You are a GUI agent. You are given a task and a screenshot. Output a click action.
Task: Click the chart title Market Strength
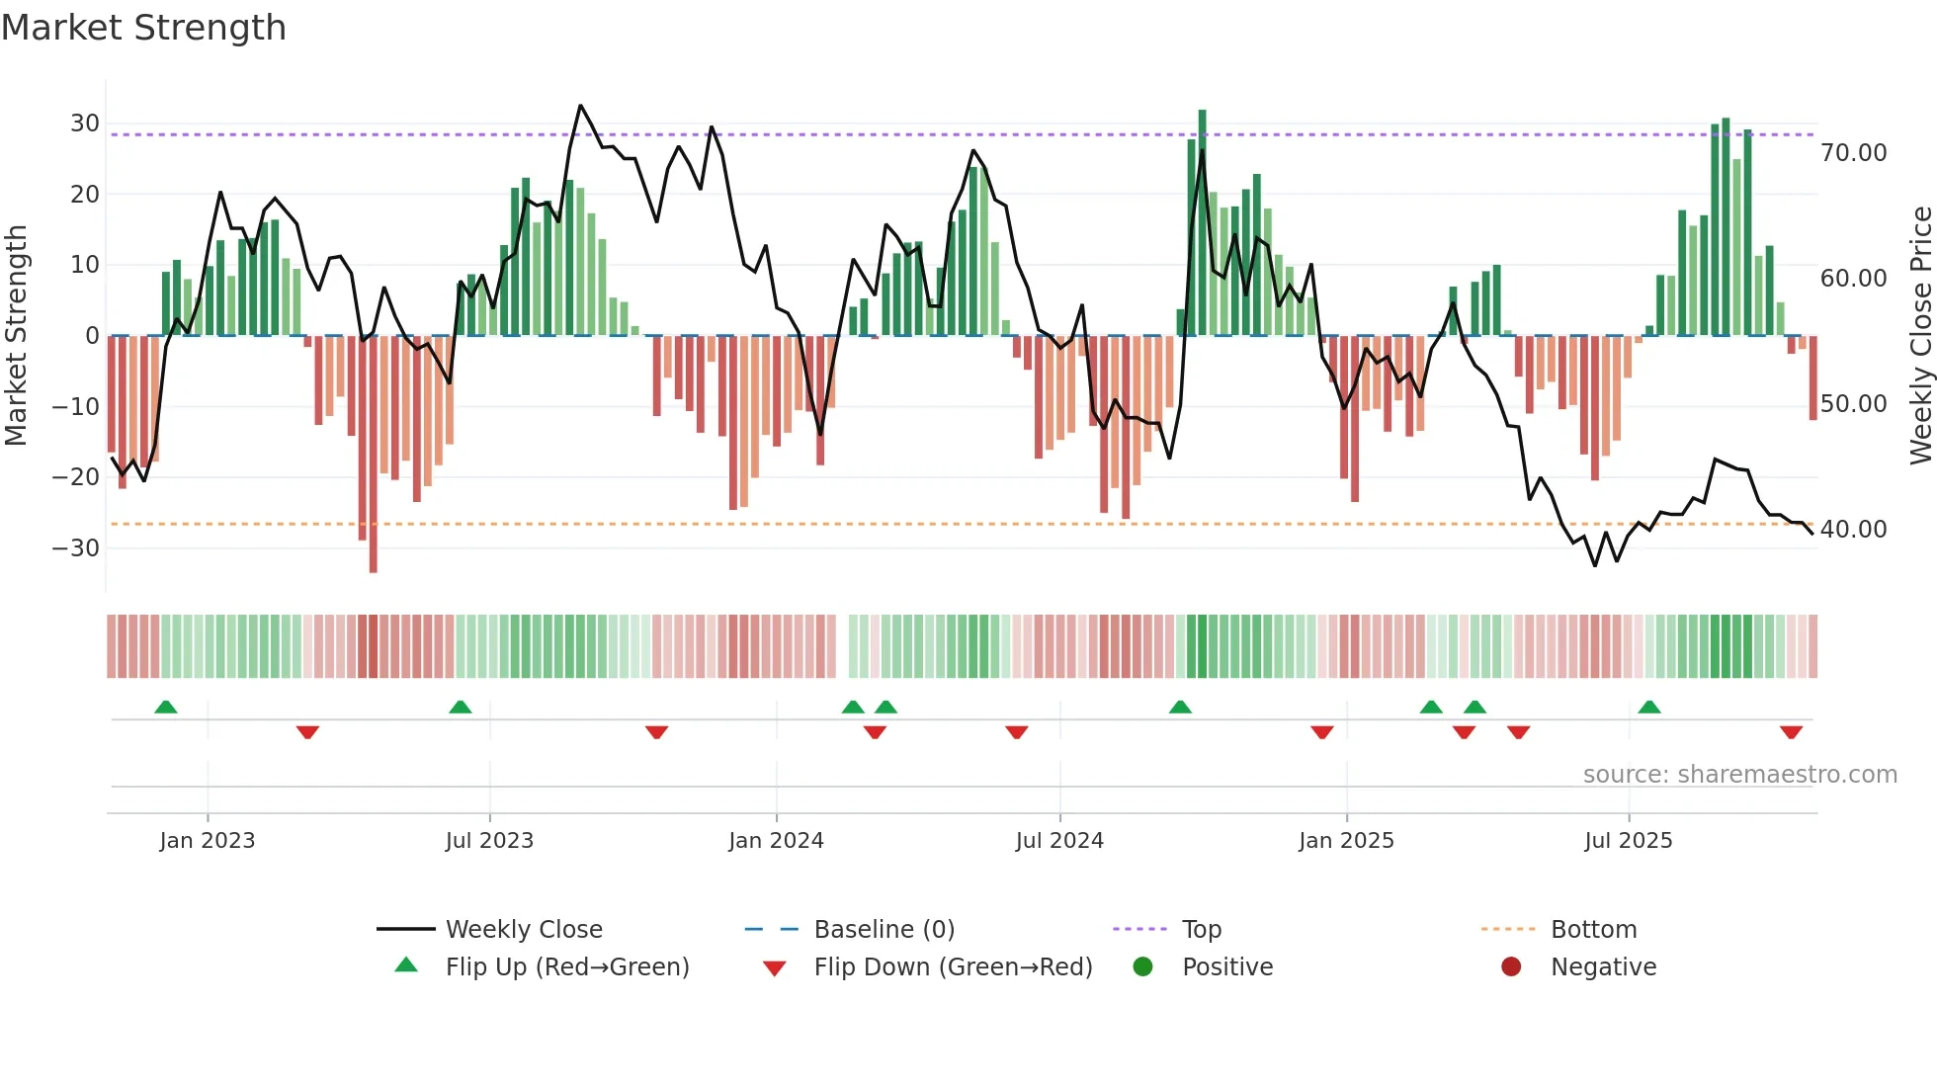coord(143,28)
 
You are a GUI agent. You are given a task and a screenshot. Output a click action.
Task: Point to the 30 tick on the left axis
coord(85,124)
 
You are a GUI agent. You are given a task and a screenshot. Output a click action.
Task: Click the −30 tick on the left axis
coord(77,547)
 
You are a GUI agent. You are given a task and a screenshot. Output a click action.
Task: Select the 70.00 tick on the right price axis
coord(1853,153)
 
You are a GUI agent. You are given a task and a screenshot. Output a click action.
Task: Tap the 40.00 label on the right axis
coord(1853,530)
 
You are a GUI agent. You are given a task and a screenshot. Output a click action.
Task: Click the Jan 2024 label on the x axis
coord(776,841)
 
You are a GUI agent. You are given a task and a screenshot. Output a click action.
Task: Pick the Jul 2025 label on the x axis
coord(1628,841)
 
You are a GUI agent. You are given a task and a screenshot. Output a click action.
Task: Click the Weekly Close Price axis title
coord(1920,336)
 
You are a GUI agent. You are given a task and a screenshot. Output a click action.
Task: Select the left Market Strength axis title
coord(17,336)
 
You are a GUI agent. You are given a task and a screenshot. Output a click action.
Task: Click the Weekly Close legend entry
coord(524,930)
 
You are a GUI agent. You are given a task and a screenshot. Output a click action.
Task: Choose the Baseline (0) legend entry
coord(884,930)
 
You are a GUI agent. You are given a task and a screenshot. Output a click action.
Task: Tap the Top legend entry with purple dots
coord(1201,930)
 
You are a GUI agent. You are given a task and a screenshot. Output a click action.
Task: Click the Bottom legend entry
coord(1593,930)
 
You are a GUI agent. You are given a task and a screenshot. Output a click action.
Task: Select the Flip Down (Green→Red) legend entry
coord(953,967)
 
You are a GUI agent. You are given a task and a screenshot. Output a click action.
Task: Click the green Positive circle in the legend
coord(1143,967)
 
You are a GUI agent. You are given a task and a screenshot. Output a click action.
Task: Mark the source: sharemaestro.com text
coord(1739,775)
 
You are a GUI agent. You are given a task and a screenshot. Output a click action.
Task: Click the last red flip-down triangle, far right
coord(1791,732)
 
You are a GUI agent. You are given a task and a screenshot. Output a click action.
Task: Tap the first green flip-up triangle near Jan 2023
coord(166,707)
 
